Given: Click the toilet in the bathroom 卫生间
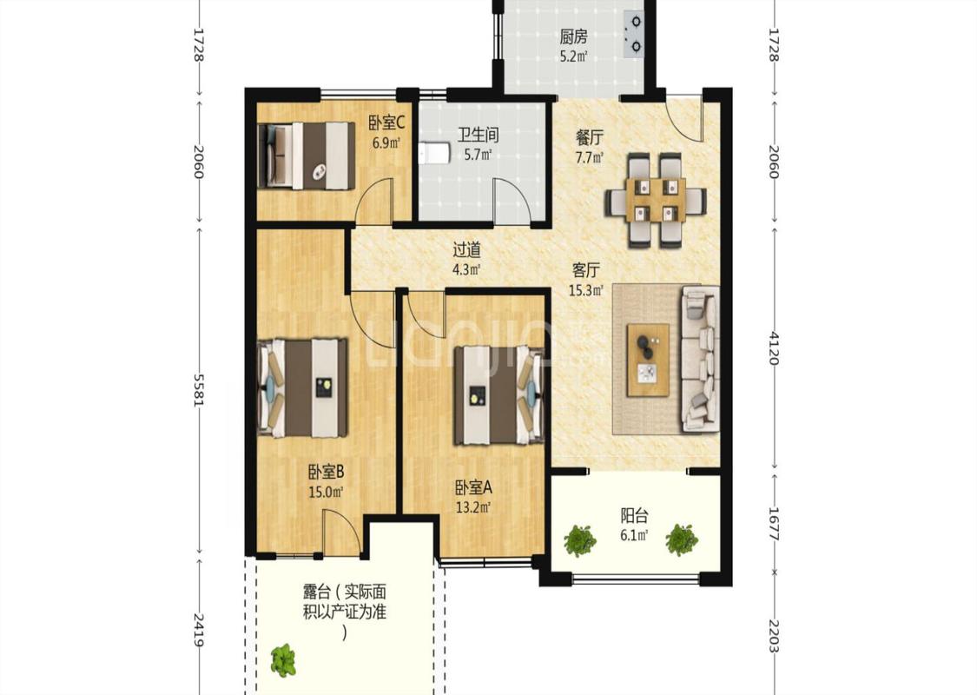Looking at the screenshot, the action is coord(434,153).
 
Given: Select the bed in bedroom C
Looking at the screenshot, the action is coord(306,156).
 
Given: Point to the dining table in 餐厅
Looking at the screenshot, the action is coord(657,200).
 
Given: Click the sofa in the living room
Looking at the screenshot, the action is coord(701,359).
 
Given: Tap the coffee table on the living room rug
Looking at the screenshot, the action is coord(648,360).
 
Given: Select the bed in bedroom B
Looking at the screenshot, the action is coord(303,388).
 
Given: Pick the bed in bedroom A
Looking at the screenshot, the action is coord(498,395).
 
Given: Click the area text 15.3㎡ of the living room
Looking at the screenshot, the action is coord(586,290).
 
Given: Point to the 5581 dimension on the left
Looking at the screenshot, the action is coord(199,390).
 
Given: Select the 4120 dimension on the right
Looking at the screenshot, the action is coord(774,347).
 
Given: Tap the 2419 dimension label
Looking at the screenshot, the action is coord(199,630).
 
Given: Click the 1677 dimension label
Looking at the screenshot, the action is coord(774,524).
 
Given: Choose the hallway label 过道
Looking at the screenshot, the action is coord(466,250).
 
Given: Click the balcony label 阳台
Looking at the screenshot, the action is coord(634,515).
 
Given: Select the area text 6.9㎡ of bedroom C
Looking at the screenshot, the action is coord(386,142).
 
